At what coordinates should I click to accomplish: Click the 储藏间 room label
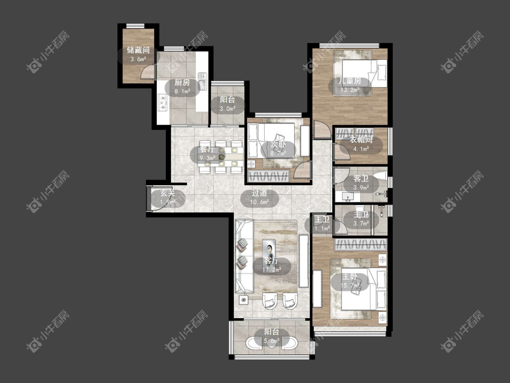(x=138, y=50)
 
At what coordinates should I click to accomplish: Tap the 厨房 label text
(x=182, y=83)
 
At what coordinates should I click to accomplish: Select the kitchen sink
(x=202, y=81)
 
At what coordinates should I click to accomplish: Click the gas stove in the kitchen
(x=162, y=102)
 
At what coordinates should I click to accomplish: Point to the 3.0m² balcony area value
(x=228, y=109)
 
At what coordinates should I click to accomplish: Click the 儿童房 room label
(x=350, y=81)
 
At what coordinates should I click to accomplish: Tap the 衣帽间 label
(x=361, y=140)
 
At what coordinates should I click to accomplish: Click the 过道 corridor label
(x=260, y=193)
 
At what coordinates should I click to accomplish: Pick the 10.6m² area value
(x=260, y=202)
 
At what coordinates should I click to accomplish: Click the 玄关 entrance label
(x=167, y=193)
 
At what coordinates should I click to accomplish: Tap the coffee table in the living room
(x=269, y=250)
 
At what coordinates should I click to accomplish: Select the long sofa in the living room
(x=244, y=256)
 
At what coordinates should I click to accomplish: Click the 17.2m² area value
(x=272, y=270)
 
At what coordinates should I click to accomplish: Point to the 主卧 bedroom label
(x=350, y=277)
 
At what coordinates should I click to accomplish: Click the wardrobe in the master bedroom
(x=361, y=244)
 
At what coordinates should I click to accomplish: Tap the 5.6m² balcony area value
(x=272, y=341)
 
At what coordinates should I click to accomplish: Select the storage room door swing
(x=148, y=72)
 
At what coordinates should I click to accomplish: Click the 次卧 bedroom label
(x=278, y=144)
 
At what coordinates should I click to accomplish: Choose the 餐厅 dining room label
(x=207, y=149)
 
